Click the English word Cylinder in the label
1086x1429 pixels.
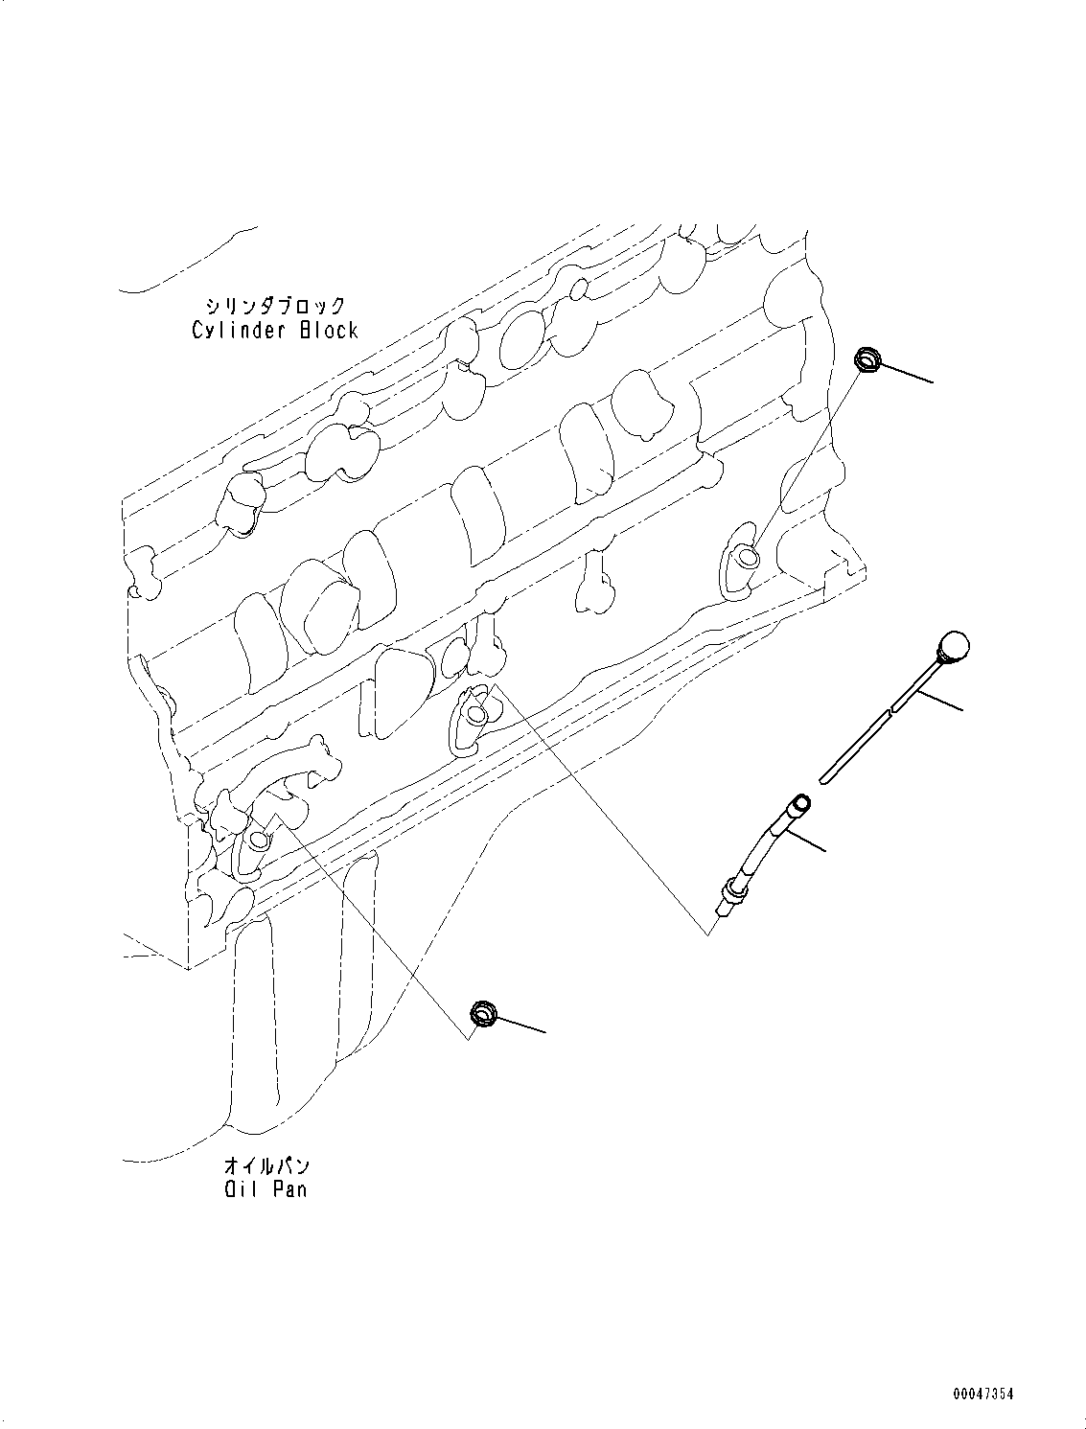(x=240, y=331)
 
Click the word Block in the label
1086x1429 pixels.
(x=329, y=331)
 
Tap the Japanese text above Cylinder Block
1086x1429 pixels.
(x=274, y=306)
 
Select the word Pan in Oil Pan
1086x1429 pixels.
(x=289, y=1190)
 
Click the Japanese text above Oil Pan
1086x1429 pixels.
(x=266, y=1166)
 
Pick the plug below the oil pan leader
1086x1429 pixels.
(x=483, y=1013)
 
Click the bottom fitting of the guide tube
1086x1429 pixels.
(x=733, y=890)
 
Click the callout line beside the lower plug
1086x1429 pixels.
(x=520, y=1024)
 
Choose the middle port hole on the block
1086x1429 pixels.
(x=476, y=711)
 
